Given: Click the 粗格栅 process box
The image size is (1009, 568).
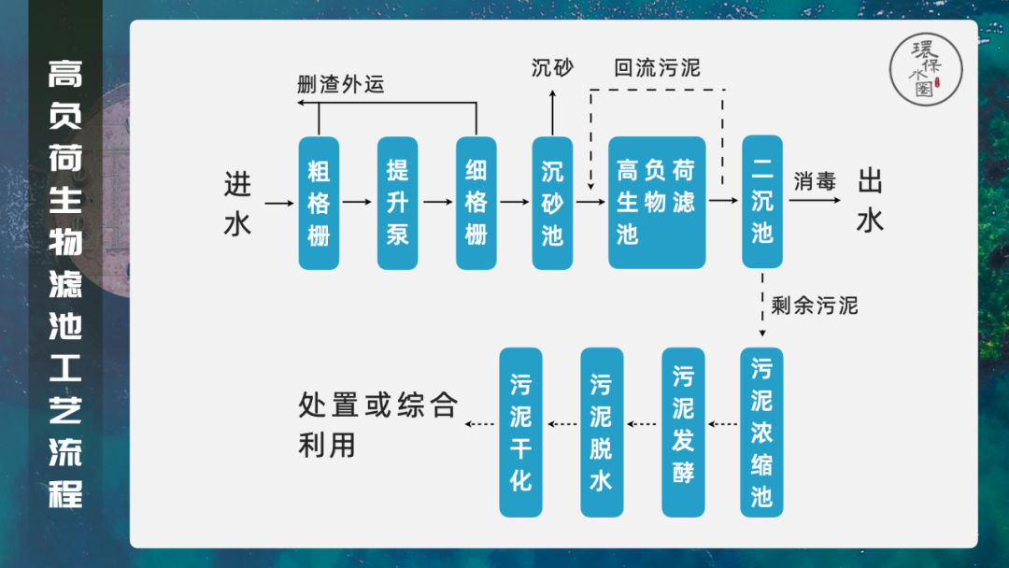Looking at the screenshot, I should tap(319, 203).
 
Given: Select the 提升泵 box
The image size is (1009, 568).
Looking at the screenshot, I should tap(397, 203).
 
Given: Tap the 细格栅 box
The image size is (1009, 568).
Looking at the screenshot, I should tap(476, 203).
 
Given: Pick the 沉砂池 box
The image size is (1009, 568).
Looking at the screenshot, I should tap(552, 203).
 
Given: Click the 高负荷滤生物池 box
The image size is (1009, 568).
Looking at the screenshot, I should tap(656, 203).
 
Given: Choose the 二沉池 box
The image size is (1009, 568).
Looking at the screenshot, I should tap(762, 203).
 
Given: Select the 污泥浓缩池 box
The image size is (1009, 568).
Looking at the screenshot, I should tap(761, 432).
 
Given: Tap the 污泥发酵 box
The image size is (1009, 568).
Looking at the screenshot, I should tap(683, 432).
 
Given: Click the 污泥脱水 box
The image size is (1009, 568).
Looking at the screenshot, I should tap(602, 432).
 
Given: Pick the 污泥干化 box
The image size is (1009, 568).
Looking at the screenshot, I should tap(520, 432).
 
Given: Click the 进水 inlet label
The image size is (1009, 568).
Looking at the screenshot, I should tap(238, 204).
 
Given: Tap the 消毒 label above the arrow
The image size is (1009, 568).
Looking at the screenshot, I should tap(815, 181).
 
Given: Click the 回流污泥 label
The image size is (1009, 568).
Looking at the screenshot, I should tap(656, 68).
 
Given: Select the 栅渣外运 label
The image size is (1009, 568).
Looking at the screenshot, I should tap(341, 84).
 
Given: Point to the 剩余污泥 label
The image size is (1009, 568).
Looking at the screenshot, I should tap(814, 305).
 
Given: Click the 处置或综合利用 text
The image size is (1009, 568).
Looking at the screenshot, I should tap(377, 423).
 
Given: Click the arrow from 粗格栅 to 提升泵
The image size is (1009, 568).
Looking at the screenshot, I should tap(358, 201).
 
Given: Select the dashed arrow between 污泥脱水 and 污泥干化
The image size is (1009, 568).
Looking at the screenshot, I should tap(562, 425).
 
